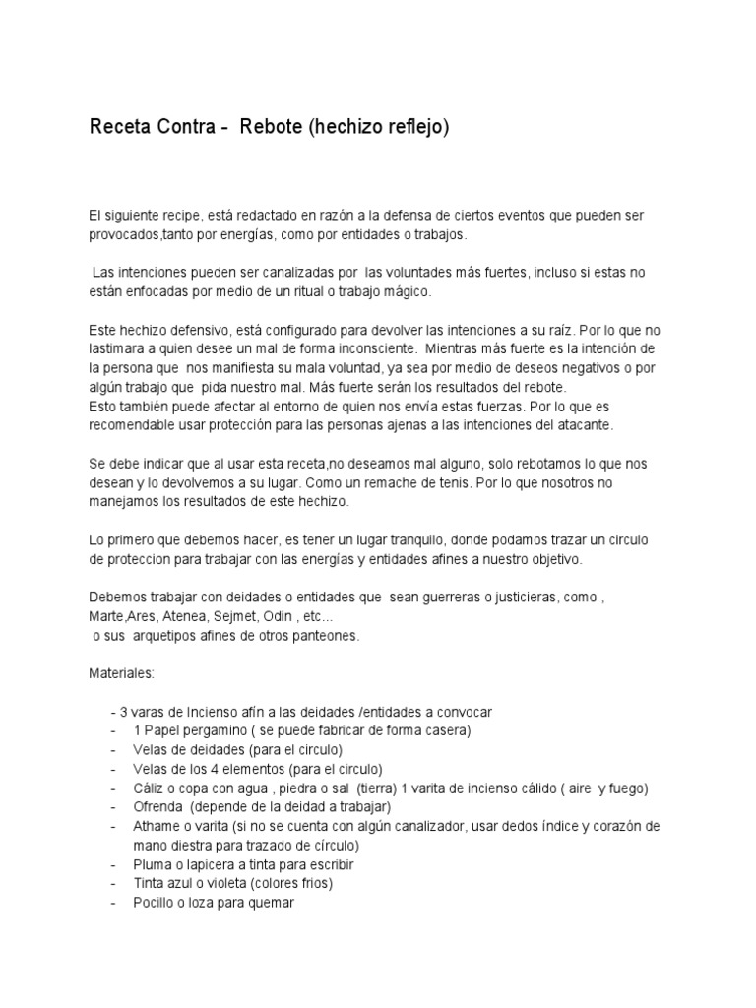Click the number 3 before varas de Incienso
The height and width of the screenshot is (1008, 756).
121,713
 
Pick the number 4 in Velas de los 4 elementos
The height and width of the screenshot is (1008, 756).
209,770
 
